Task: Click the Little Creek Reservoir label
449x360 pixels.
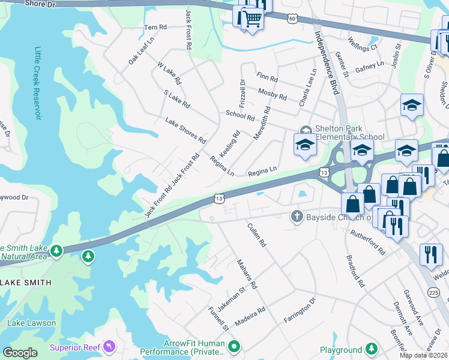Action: coord(37,83)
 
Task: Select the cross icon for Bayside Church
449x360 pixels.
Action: coord(296,216)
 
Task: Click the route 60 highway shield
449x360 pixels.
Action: coord(292,19)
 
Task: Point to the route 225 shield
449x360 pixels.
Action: coord(433,292)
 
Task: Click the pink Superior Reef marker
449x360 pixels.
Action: coord(109,347)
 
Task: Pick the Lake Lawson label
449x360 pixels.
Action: coord(31,323)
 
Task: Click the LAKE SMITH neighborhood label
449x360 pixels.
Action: coord(25,282)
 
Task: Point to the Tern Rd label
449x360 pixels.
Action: coord(155,28)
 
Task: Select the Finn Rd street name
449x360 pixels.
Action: coord(267,78)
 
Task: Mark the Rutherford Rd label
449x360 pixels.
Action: coord(367,242)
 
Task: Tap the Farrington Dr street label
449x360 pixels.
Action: coord(300,310)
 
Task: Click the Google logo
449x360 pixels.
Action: coord(20,353)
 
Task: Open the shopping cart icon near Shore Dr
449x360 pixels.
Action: coord(251,19)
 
